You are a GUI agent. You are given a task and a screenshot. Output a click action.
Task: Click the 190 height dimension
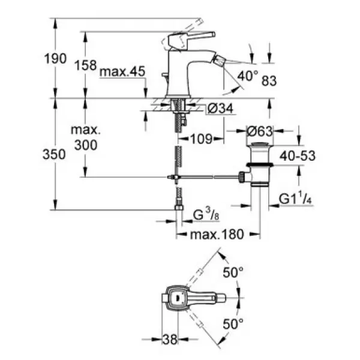click(55, 58)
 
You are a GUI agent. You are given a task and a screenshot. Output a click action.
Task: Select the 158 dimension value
click(86, 65)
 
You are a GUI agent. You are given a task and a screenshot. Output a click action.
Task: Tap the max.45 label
click(122, 71)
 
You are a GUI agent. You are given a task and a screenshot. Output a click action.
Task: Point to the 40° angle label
click(248, 76)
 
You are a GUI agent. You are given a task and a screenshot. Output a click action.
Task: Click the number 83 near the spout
click(269, 81)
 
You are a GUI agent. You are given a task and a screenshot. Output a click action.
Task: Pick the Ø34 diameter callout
click(220, 108)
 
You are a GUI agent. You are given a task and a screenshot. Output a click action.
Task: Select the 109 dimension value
click(202, 139)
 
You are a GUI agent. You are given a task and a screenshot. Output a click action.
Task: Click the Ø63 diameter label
click(259, 131)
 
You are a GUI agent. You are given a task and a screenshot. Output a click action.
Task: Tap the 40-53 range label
click(298, 155)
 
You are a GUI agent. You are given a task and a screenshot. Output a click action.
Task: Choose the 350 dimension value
click(54, 154)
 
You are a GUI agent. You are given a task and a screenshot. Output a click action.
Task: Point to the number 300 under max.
click(86, 145)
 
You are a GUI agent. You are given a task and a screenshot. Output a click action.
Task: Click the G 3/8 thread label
click(206, 215)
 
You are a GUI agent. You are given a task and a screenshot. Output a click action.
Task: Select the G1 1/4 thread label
click(295, 198)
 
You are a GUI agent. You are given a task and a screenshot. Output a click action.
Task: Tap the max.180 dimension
click(217, 235)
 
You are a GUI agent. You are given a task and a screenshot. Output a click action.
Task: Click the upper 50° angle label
click(233, 272)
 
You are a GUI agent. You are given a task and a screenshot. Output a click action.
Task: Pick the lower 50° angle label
click(233, 324)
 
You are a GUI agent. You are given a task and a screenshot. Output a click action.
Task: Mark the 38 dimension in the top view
click(170, 339)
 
